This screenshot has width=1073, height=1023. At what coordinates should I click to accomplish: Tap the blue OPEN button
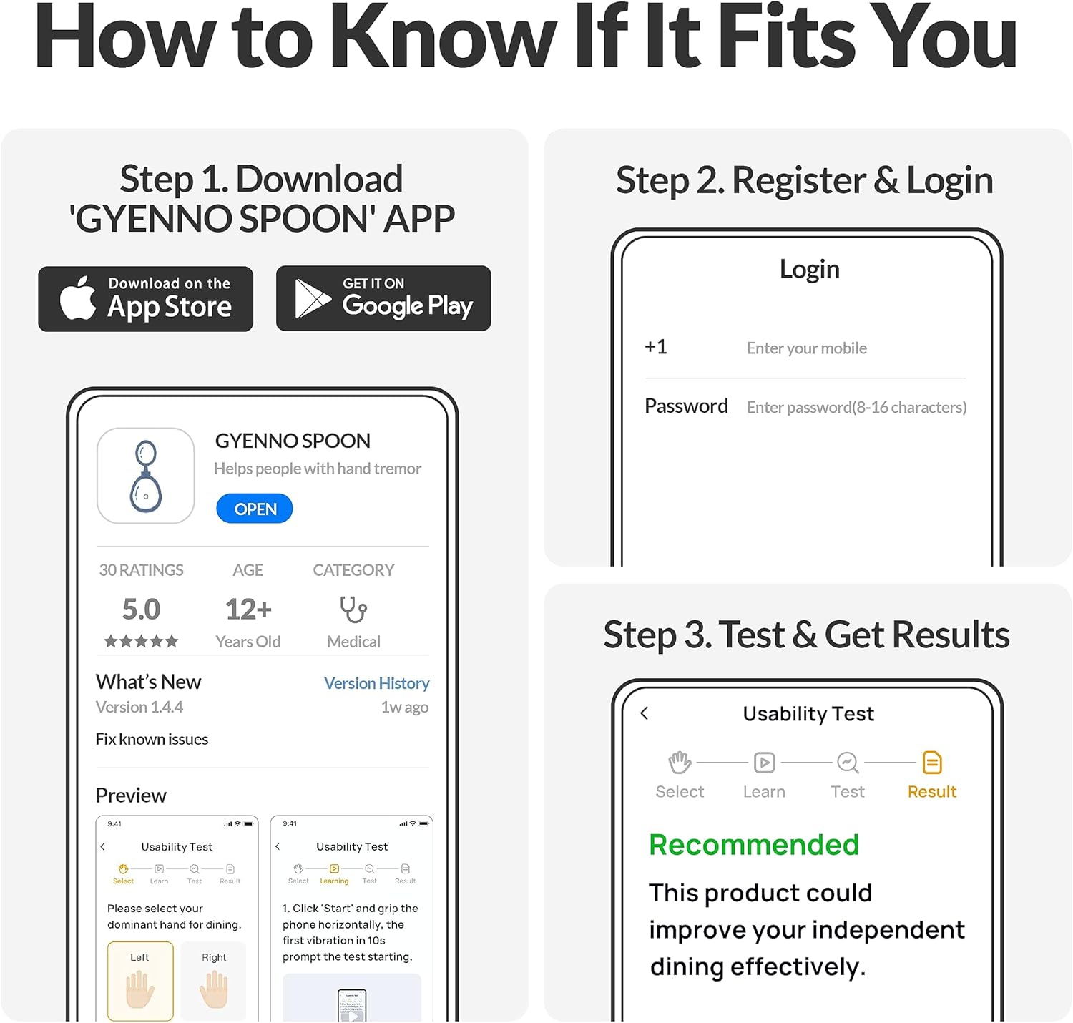[x=255, y=509]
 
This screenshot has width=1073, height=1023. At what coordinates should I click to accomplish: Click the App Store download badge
[x=146, y=299]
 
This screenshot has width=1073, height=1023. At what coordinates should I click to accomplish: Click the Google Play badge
[x=383, y=298]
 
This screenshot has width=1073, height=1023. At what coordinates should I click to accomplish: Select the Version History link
[x=376, y=683]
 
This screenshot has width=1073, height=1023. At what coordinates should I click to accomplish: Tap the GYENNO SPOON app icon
[x=146, y=476]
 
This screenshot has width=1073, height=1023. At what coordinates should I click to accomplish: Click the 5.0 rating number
[x=141, y=610]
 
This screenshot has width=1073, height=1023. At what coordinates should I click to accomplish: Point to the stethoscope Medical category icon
[x=353, y=610]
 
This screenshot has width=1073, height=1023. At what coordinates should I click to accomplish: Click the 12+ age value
[x=248, y=610]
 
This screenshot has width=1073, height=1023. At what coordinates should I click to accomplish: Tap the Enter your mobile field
[x=807, y=348]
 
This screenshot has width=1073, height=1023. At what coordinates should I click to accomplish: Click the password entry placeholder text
[x=856, y=407]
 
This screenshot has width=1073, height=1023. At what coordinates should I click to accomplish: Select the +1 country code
[x=656, y=347]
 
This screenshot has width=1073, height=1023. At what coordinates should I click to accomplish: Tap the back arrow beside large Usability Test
[x=645, y=713]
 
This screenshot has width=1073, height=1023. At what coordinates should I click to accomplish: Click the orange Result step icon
[x=932, y=763]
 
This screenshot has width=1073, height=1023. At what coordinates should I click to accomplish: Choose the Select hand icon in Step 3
[x=680, y=763]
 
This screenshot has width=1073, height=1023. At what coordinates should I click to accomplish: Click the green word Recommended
[x=753, y=845]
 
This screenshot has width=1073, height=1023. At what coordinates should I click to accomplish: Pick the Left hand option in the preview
[x=140, y=981]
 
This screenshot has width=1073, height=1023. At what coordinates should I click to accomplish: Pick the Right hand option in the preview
[x=213, y=981]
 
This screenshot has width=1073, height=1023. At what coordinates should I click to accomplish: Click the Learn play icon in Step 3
[x=764, y=763]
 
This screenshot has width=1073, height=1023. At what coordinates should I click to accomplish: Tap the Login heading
[x=809, y=270]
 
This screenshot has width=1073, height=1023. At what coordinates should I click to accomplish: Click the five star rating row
[x=141, y=642]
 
